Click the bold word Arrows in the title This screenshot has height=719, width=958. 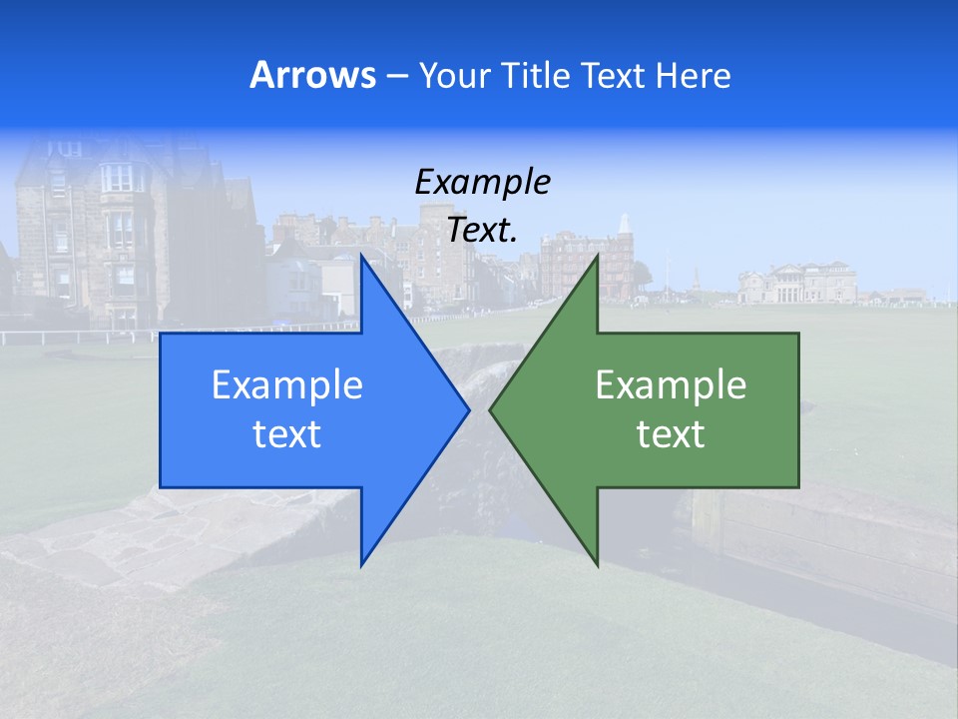point(312,75)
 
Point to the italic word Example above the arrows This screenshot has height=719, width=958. point(482,182)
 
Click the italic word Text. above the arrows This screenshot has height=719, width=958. point(482,231)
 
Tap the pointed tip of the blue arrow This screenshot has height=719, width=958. point(469,409)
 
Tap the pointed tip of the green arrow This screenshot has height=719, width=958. point(490,409)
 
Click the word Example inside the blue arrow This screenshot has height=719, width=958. point(287,385)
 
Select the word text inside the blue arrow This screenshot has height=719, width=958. point(287,434)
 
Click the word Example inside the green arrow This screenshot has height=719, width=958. point(671,385)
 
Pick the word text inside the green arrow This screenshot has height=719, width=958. point(671,434)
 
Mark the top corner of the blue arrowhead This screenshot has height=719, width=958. point(362,256)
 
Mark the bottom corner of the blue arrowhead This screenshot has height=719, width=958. point(362,565)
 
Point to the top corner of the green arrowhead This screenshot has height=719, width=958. point(597,256)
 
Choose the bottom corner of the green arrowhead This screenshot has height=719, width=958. point(597,565)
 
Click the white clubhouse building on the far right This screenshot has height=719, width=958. point(798,283)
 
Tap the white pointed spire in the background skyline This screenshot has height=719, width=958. point(625,225)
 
